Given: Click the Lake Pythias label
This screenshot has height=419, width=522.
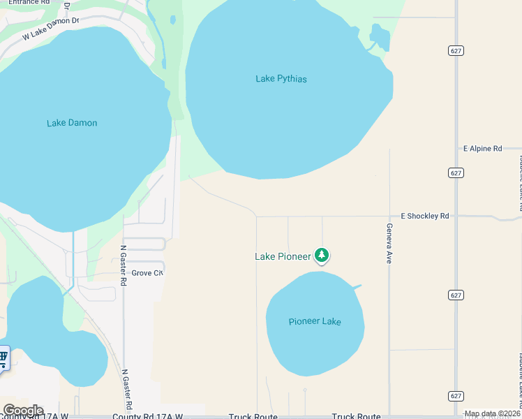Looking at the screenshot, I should (281, 79).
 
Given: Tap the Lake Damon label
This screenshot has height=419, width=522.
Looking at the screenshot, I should (72, 123).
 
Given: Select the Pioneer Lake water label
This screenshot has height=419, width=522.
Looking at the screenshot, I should (315, 321).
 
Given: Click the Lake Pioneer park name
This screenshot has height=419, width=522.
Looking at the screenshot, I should (283, 257).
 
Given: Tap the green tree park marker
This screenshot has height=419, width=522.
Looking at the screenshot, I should (322, 256).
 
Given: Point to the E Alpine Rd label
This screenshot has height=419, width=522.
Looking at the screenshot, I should (482, 149).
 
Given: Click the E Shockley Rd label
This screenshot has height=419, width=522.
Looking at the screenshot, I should (424, 216).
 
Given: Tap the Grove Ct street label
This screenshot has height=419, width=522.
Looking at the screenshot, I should (147, 273).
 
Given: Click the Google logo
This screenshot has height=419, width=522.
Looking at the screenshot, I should (23, 411).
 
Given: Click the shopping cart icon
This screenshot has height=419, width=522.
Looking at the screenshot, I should (3, 358).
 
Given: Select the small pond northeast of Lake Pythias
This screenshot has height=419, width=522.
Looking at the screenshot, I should (380, 36).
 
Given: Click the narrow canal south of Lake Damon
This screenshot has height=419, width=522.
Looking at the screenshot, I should (73, 258).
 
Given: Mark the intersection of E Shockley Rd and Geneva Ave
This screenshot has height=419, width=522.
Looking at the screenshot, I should (389, 216).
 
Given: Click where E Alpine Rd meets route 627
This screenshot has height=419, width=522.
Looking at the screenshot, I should (456, 149).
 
